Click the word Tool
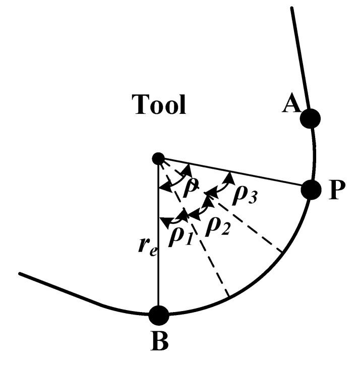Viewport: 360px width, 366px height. click(159, 104)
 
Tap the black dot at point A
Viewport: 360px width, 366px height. click(310, 118)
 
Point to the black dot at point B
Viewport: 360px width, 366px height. click(159, 314)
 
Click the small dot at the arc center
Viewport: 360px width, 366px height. click(158, 159)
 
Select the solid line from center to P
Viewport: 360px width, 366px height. click(237, 175)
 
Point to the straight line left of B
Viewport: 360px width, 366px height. click(76, 292)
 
